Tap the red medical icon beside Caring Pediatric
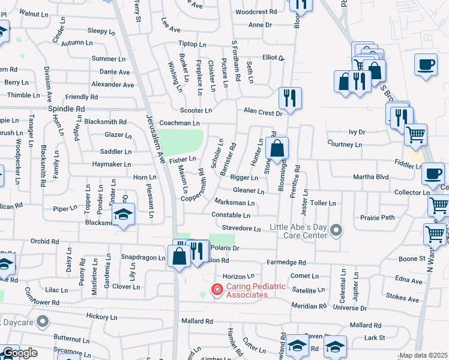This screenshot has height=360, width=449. [216, 290]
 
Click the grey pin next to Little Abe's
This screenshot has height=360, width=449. [337, 230]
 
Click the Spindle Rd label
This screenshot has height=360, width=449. [66, 109]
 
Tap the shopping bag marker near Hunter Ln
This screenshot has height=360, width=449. [277, 148]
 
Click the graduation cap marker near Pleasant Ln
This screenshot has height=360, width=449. [123, 214]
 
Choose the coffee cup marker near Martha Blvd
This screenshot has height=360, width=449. [433, 174]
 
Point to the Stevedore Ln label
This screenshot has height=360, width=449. [241, 229]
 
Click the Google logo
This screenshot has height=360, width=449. [19, 353]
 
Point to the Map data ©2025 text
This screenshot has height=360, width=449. [423, 356]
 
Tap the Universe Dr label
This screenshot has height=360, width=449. [349, 308]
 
